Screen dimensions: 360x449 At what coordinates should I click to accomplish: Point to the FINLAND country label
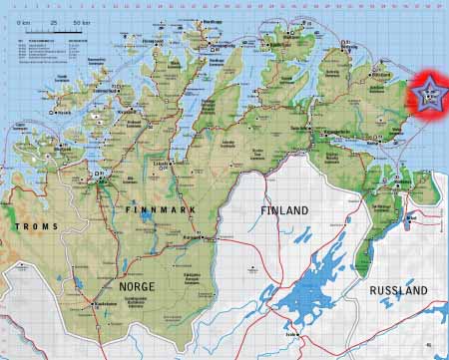284,210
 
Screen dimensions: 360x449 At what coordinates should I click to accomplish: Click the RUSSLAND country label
397,290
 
